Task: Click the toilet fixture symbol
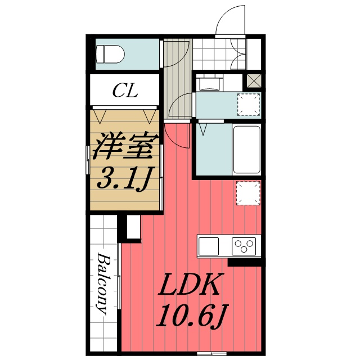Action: (x=110, y=54)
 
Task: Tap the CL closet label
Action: (x=125, y=91)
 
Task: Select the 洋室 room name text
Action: (x=125, y=146)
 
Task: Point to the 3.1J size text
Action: (x=125, y=178)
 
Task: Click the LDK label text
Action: (x=190, y=284)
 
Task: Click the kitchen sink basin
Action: (x=209, y=246)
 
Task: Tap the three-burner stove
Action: (x=244, y=246)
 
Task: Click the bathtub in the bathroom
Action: (x=247, y=150)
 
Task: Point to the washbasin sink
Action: (x=210, y=84)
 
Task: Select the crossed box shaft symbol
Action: (x=254, y=80)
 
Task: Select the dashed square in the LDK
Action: (x=249, y=193)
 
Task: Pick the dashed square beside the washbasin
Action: (x=249, y=105)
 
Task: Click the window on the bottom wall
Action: (x=211, y=353)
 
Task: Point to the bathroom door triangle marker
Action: (x=202, y=129)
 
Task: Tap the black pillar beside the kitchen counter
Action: (x=245, y=262)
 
